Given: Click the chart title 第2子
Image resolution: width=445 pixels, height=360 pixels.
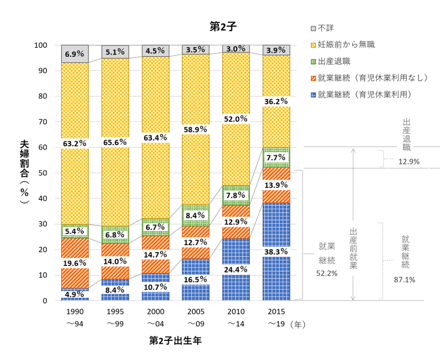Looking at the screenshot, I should pyautogui.click(x=222, y=26).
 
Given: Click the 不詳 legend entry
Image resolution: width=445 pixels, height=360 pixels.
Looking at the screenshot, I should pyautogui.click(x=326, y=27).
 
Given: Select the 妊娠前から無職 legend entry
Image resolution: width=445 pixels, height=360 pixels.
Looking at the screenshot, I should pyautogui.click(x=345, y=44).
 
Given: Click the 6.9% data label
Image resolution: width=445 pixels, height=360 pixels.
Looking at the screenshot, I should pyautogui.click(x=74, y=55).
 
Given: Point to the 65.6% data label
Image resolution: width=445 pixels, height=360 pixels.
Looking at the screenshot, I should pyautogui.click(x=115, y=143).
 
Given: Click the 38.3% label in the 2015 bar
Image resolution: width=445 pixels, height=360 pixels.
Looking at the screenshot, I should pyautogui.click(x=276, y=252).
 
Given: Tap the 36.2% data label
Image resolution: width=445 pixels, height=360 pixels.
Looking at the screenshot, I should pyautogui.click(x=276, y=102).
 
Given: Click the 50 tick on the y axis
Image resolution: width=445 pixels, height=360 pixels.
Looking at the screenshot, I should pyautogui.click(x=43, y=173).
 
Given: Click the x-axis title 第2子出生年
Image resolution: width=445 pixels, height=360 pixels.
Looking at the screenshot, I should pyautogui.click(x=175, y=341).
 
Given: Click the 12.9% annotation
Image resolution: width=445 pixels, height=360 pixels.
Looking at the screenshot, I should pyautogui.click(x=408, y=162).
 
